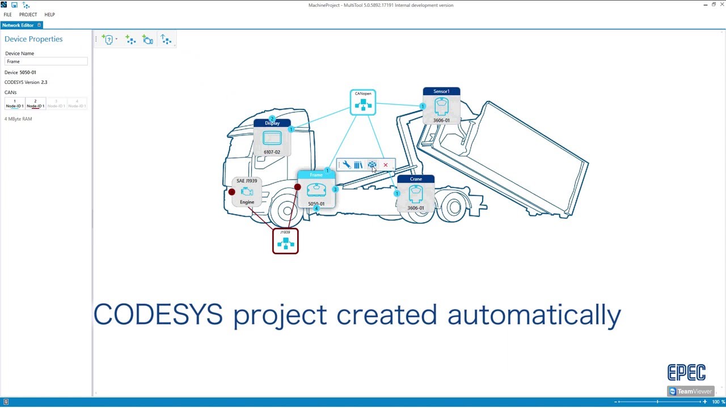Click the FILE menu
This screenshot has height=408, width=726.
tap(7, 15)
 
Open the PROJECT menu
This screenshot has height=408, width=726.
tap(28, 15)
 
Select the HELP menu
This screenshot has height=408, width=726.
tap(49, 15)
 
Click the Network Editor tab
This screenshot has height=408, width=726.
tap(18, 25)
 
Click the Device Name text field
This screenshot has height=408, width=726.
tap(46, 61)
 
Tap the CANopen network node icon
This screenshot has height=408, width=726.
tap(363, 103)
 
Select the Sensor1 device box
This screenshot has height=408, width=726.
tap(441, 106)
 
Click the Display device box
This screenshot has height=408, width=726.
tap(272, 138)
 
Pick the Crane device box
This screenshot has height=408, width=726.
tap(416, 194)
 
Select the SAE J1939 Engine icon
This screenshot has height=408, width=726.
tap(247, 192)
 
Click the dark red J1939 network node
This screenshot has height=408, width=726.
tap(285, 241)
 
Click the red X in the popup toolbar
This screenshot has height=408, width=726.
tap(386, 165)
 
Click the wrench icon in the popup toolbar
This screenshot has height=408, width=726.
tap(347, 165)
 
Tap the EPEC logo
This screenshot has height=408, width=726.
tap(686, 372)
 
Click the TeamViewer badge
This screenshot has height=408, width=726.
tap(690, 391)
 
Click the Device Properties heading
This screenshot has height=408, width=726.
tap(33, 39)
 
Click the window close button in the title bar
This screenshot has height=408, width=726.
tap(722, 5)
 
